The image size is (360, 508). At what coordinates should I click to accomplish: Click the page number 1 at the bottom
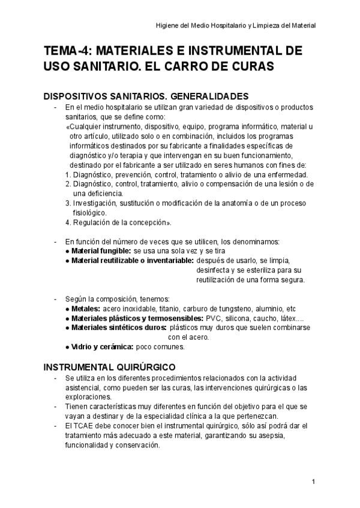pos(313,482)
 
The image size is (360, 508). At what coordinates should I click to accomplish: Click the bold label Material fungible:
pos(101,250)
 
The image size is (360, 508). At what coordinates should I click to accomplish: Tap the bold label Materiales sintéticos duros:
pos(118,327)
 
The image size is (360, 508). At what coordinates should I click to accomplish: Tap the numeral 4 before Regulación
pos(67,222)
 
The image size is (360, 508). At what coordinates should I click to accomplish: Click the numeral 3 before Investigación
pos(67,203)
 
